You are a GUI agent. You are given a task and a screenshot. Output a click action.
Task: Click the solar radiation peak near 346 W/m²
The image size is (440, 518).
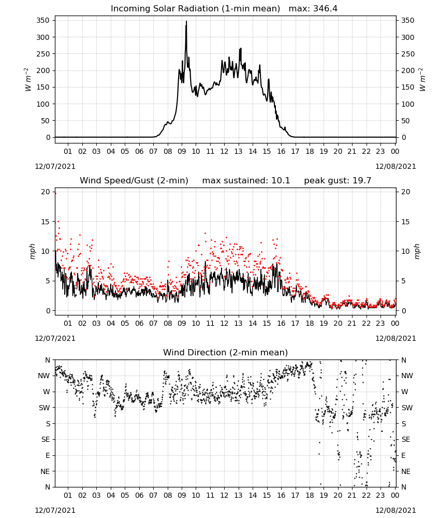(186, 22)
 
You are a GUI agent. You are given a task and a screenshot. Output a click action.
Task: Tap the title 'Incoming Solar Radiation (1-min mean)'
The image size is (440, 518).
(195, 9)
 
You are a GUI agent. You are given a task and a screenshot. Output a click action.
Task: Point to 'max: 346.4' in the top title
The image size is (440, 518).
(313, 9)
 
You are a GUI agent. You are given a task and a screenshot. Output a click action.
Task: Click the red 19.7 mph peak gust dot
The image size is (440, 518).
(55, 194)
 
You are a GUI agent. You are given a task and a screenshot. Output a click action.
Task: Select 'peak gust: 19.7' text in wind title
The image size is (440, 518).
(338, 181)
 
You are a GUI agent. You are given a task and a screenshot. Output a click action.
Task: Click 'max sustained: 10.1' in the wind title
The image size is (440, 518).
(246, 181)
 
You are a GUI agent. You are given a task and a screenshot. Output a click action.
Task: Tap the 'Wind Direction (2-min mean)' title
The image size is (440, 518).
(226, 352)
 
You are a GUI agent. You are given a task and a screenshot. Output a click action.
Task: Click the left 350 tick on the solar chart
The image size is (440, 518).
(43, 21)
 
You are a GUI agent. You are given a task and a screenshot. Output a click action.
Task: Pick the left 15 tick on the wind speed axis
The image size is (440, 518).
(46, 222)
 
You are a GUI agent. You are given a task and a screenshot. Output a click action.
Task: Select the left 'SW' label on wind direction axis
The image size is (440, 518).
(44, 408)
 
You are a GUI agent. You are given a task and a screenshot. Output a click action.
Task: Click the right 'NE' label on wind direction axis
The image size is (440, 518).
(406, 471)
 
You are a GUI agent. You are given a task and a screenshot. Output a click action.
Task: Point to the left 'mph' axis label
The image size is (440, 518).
(32, 251)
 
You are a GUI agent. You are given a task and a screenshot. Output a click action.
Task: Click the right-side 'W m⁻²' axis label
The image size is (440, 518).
(422, 80)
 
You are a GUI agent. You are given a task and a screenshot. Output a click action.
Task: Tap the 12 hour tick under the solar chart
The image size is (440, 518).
(224, 151)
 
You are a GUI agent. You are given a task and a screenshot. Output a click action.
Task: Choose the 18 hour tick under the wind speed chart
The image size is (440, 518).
(310, 323)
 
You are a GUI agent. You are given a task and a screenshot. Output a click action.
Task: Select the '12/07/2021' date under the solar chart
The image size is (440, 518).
(55, 166)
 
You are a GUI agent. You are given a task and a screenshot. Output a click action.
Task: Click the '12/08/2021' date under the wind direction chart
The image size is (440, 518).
(395, 510)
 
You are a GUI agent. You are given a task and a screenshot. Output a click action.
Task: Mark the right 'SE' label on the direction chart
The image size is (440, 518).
(406, 439)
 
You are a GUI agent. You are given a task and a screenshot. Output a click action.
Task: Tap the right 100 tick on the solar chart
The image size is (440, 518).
(408, 104)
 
